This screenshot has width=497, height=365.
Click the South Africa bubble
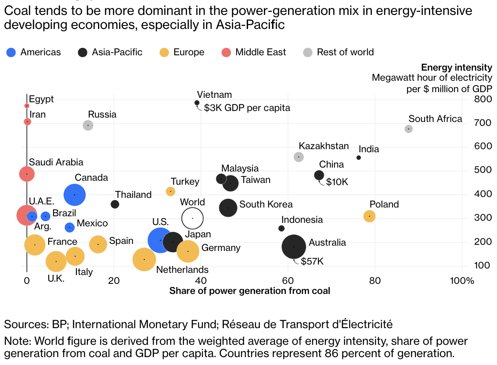click(x=409, y=129)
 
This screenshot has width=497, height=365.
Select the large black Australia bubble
click(x=294, y=247)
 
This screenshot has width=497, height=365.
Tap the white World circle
click(x=192, y=218)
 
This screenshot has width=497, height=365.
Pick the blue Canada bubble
click(x=75, y=194)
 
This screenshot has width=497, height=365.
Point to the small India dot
click(x=359, y=157)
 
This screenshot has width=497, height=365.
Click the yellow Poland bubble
click(x=370, y=216)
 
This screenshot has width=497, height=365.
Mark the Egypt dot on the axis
click(x=27, y=106)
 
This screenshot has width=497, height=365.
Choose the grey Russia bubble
click(x=88, y=125)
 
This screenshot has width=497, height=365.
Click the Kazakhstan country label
click(x=324, y=146)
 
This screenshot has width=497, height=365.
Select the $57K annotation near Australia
click(x=312, y=261)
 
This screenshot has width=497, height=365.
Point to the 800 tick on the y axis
click(x=483, y=99)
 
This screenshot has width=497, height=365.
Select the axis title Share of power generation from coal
click(x=249, y=290)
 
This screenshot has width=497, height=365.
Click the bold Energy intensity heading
click(x=456, y=68)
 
